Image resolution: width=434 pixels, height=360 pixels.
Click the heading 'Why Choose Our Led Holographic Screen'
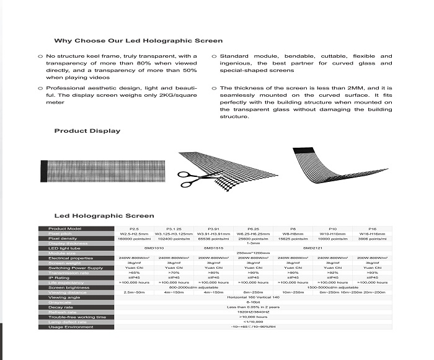click(x=138, y=41)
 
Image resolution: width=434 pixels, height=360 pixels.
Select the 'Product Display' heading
click(x=87, y=131)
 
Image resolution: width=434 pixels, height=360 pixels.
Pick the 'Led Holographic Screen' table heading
click(x=104, y=216)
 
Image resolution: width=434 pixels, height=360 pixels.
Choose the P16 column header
click(x=372, y=229)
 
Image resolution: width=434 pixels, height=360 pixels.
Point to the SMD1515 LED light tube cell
click(x=214, y=248)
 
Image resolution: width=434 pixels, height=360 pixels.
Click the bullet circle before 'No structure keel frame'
click(x=40, y=56)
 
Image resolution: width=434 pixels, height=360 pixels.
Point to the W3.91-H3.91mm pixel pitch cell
click(x=213, y=234)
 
